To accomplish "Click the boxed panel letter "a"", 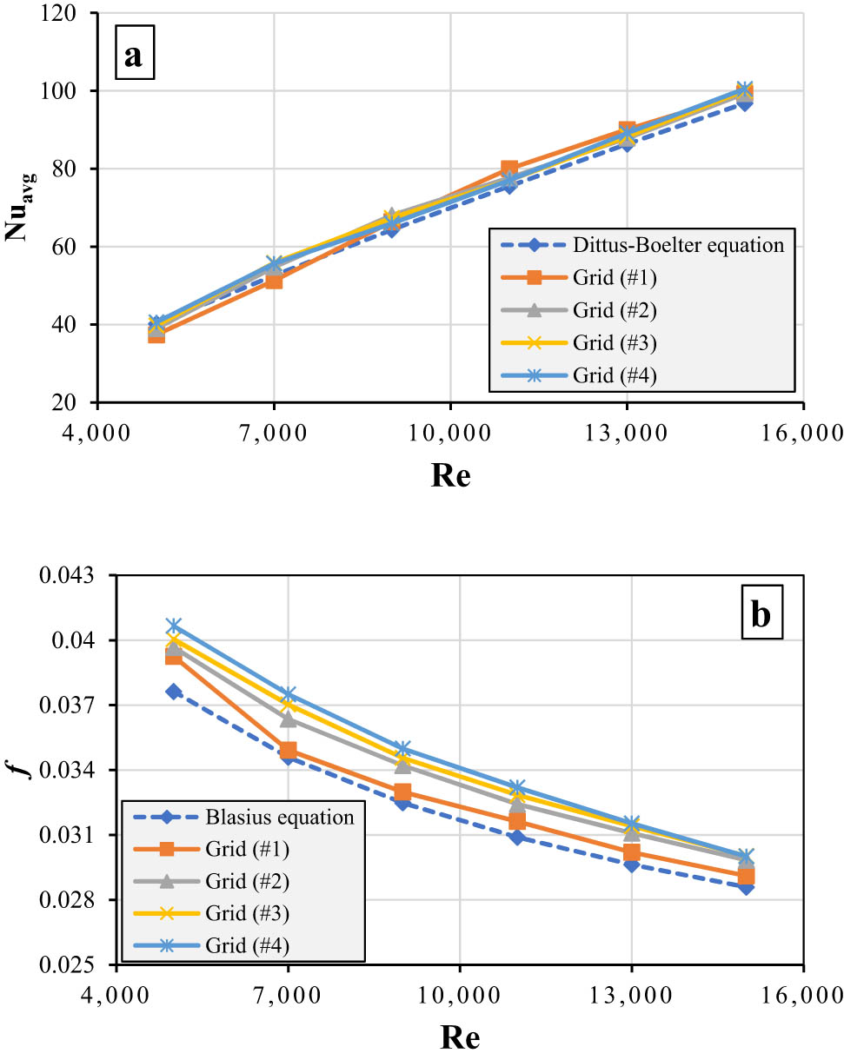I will tap(133, 57).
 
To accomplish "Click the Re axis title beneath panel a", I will tap(449, 475).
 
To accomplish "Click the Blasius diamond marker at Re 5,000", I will tap(174, 692).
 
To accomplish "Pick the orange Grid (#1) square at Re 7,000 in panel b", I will tap(288, 750).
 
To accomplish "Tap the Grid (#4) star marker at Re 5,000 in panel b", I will tap(174, 626).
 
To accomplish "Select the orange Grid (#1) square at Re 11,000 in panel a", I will tap(509, 169).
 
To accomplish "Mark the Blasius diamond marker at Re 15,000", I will tap(746, 886).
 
